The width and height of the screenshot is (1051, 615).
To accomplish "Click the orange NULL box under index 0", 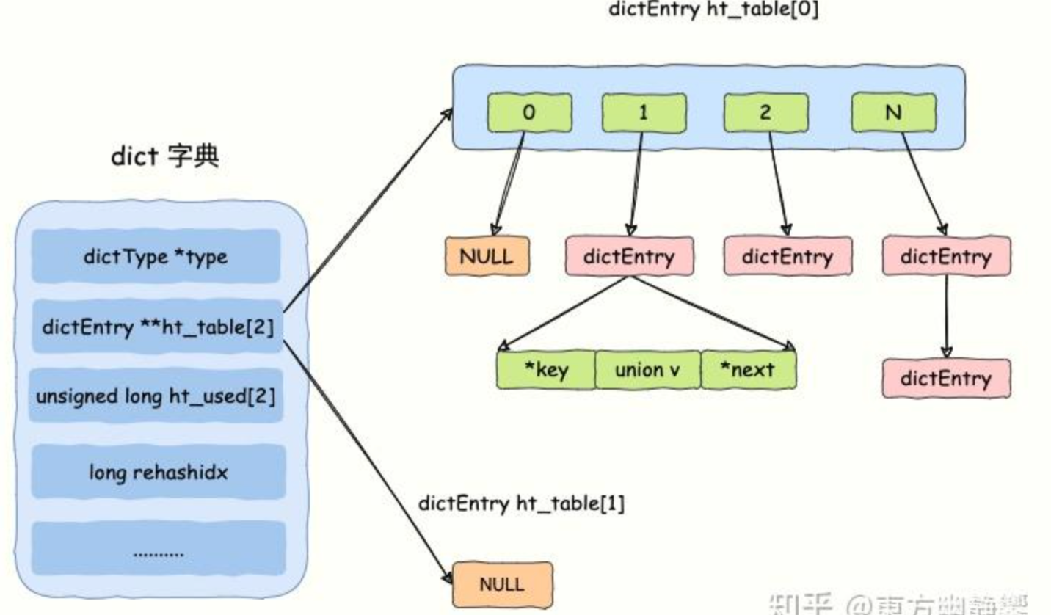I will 487,256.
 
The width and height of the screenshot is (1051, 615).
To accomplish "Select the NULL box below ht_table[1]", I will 501,584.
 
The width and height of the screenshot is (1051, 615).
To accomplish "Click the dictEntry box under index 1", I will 629,256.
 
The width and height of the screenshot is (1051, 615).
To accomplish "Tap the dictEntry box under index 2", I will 788,256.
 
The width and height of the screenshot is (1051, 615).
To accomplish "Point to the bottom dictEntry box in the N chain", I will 946,378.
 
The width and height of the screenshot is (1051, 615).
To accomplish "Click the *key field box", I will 545,369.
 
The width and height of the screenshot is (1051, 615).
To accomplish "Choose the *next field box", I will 748,369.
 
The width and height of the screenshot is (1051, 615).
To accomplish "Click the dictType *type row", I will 156,257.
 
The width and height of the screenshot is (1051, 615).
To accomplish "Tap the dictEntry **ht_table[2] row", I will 157,327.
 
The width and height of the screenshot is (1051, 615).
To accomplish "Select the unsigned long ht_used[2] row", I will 156,396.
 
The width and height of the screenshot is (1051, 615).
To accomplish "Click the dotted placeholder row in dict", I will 159,549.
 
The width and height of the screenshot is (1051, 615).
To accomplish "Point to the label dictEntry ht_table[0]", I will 713,11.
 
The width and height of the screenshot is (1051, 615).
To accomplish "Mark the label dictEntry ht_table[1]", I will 521,504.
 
